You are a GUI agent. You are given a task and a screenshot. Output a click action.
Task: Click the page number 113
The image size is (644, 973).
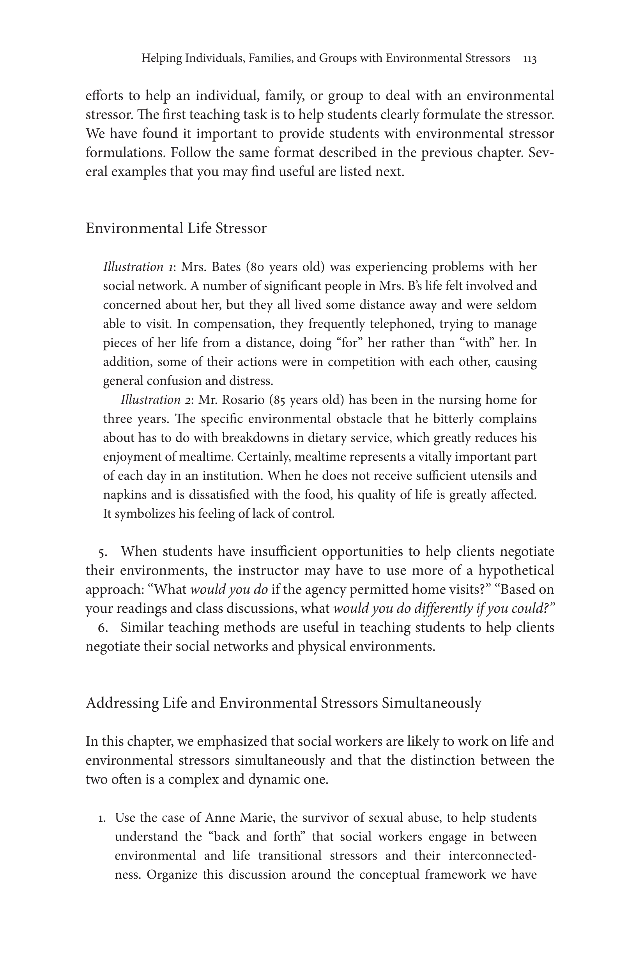pyautogui.click(x=529, y=59)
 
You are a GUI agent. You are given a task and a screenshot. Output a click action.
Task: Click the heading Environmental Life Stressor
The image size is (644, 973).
pyautogui.click(x=176, y=228)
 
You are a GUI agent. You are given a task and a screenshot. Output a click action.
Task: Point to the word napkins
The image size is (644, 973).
pyautogui.click(x=124, y=495)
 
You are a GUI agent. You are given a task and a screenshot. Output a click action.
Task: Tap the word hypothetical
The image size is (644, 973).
pyautogui.click(x=516, y=570)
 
